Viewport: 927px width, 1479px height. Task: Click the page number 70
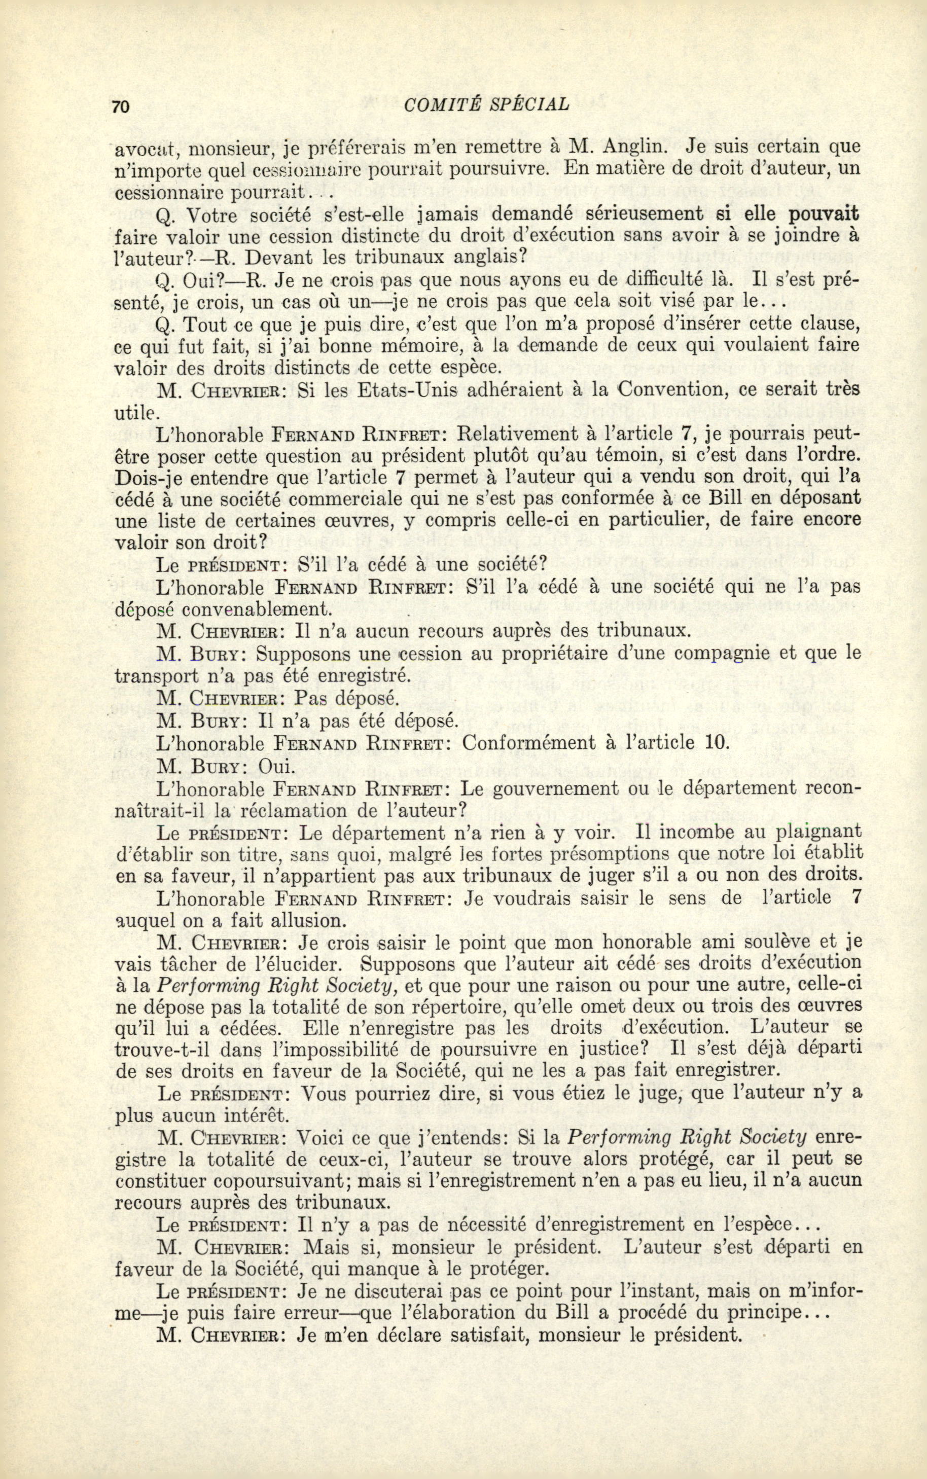click(120, 106)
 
